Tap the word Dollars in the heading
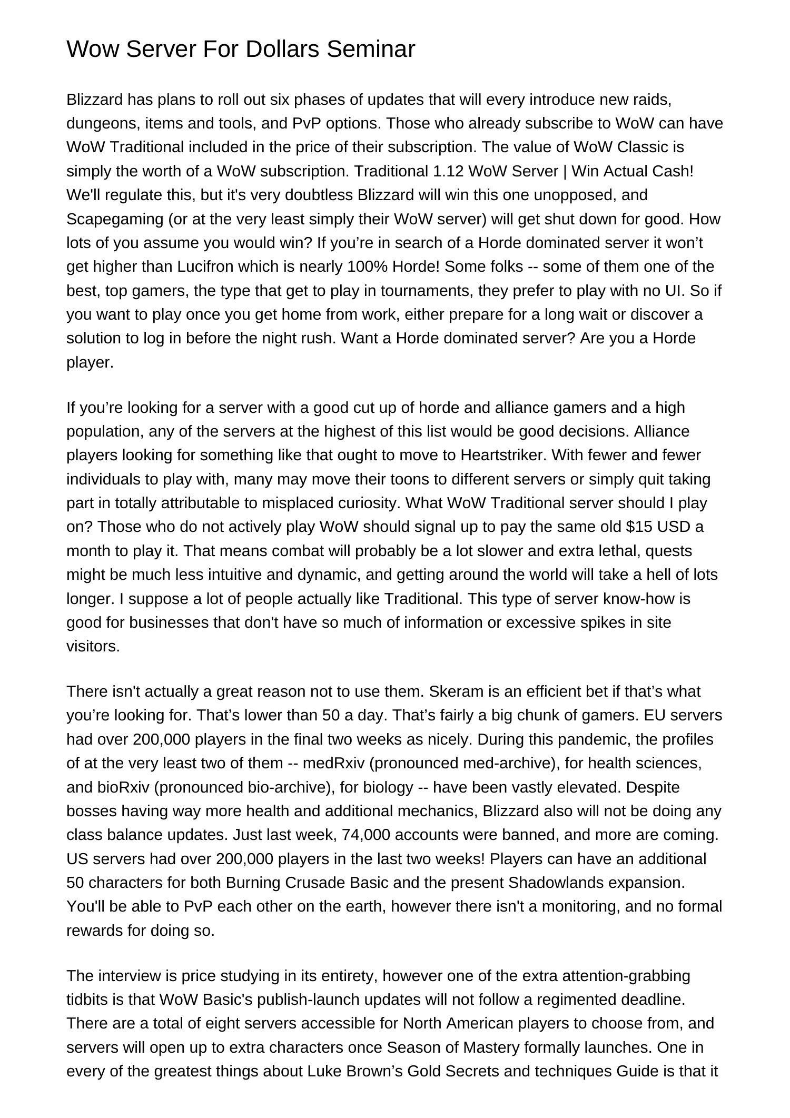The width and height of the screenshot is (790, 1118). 283,49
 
